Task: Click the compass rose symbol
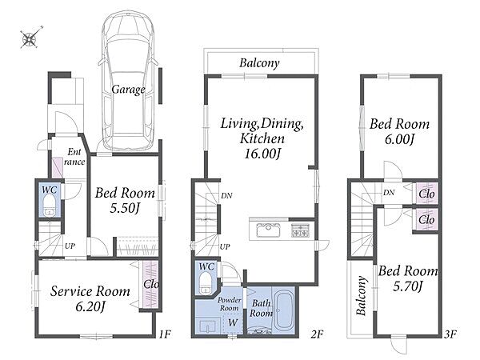coord(30,38)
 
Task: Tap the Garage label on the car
coord(128,90)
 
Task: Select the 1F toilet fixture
coord(50,205)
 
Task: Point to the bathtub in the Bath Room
coord(284,310)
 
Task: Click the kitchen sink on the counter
coord(268,230)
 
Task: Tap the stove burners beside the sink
coord(300,230)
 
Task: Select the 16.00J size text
coord(262,154)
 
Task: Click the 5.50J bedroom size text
coord(125,209)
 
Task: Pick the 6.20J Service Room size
coord(90,306)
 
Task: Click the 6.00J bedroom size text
coord(399,139)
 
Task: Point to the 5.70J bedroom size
coord(408,286)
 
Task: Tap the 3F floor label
coord(450,334)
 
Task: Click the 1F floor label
coord(164,334)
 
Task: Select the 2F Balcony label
coord(259,63)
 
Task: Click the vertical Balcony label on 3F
coord(362,295)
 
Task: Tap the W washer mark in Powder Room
coord(233,322)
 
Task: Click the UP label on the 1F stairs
coord(70,246)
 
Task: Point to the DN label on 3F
coord(389,193)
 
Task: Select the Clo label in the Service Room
coord(151,284)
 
